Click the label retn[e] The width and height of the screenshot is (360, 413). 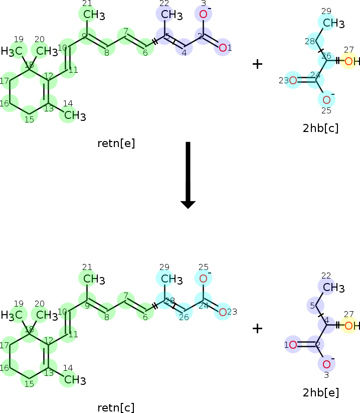click(116, 144)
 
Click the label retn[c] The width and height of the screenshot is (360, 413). click(116, 407)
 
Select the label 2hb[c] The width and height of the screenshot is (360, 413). click(321, 128)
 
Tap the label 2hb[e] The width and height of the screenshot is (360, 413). click(321, 392)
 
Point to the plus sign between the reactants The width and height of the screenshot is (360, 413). click(257, 64)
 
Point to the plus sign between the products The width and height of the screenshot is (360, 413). click(257, 329)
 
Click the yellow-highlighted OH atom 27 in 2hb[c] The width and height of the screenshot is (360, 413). click(350, 61)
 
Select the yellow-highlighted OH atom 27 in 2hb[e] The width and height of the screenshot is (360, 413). click(350, 326)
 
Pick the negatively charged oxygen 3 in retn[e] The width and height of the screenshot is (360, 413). click(203, 15)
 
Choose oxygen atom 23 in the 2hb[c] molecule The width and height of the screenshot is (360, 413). click(293, 80)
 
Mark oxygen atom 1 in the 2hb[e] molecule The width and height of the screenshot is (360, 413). click(293, 345)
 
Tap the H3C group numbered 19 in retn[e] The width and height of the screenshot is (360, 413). click(14, 51)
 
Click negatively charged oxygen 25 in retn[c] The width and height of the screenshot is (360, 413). click(203, 279)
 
